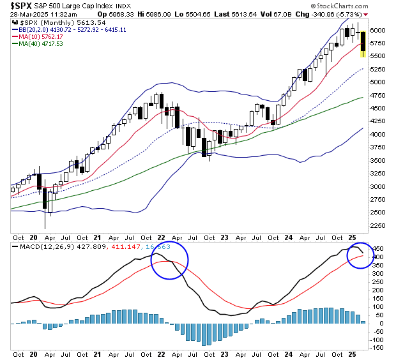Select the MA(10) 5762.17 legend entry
[x=42, y=36]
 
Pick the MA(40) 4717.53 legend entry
[x=42, y=44]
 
